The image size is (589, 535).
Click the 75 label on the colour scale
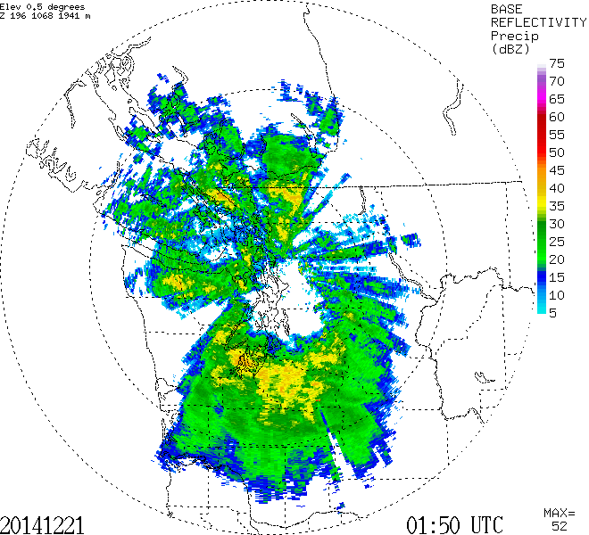point(558,63)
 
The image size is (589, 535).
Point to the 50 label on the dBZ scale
point(558,152)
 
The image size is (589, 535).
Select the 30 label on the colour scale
point(558,224)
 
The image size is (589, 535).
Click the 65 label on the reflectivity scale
point(558,99)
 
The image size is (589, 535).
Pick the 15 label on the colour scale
point(558,277)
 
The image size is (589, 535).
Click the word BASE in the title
point(506,8)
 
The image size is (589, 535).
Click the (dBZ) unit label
point(510,49)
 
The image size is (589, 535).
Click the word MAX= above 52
point(559,513)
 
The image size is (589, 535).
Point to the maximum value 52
point(559,526)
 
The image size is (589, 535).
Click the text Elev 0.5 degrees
point(40,6)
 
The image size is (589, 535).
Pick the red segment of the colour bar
point(543,125)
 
